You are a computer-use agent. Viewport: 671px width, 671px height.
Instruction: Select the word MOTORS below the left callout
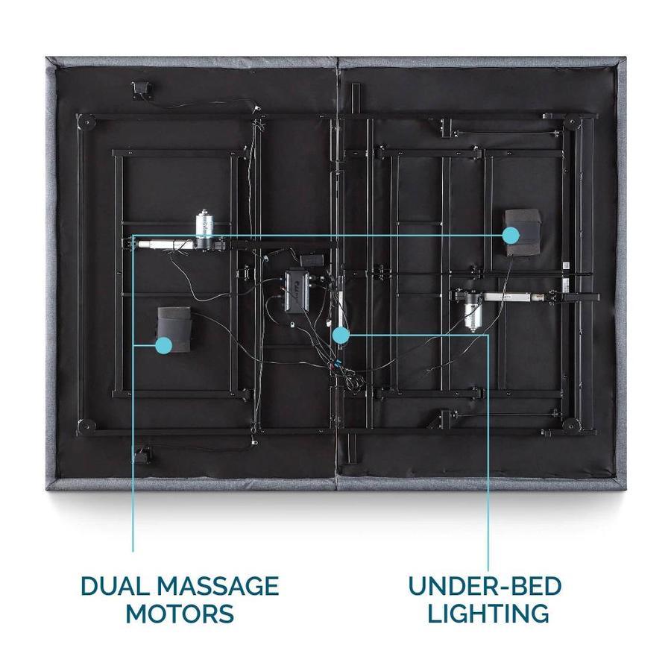(179, 614)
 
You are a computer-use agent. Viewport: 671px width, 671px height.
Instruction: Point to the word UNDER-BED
(485, 585)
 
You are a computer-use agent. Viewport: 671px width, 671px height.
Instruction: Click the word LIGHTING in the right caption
(485, 614)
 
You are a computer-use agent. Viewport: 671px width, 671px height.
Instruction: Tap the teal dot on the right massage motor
(510, 236)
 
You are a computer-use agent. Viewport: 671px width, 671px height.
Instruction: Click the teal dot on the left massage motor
(163, 344)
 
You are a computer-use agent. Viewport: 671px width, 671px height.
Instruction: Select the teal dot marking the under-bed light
(340, 335)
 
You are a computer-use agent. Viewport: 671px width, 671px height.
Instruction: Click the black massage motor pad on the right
(522, 231)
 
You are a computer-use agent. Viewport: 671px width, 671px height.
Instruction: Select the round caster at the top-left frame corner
(88, 121)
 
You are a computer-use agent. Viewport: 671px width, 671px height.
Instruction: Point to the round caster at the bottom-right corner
(572, 425)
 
